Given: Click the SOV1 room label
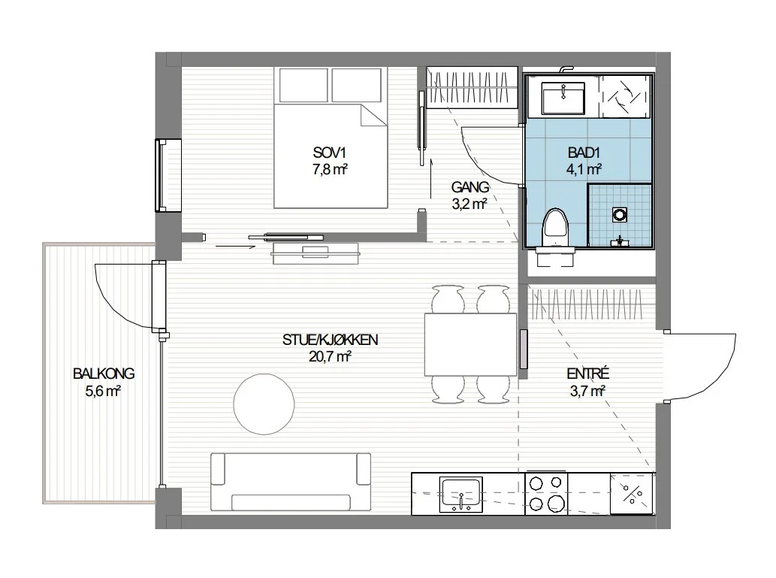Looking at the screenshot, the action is click(330, 152).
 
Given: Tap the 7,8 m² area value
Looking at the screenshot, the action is click(330, 169).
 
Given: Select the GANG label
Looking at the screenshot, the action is click(470, 187).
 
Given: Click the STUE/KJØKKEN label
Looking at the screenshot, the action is click(330, 340).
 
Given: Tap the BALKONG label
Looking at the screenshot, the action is click(104, 374).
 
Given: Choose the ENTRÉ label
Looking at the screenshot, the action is click(588, 374).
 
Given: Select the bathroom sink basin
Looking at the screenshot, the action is click(563, 98).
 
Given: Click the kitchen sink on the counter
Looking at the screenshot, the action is click(460, 495).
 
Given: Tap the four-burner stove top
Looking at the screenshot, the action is click(546, 494).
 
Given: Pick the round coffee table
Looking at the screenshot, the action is click(264, 404).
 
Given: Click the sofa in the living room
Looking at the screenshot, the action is click(291, 482).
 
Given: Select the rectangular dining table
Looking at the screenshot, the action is click(471, 345).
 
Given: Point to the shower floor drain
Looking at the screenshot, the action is click(619, 214).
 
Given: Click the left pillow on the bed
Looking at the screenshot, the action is click(304, 85).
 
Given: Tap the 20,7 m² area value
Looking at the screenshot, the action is click(330, 356).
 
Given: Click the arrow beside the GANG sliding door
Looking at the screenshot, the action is click(430, 179).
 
